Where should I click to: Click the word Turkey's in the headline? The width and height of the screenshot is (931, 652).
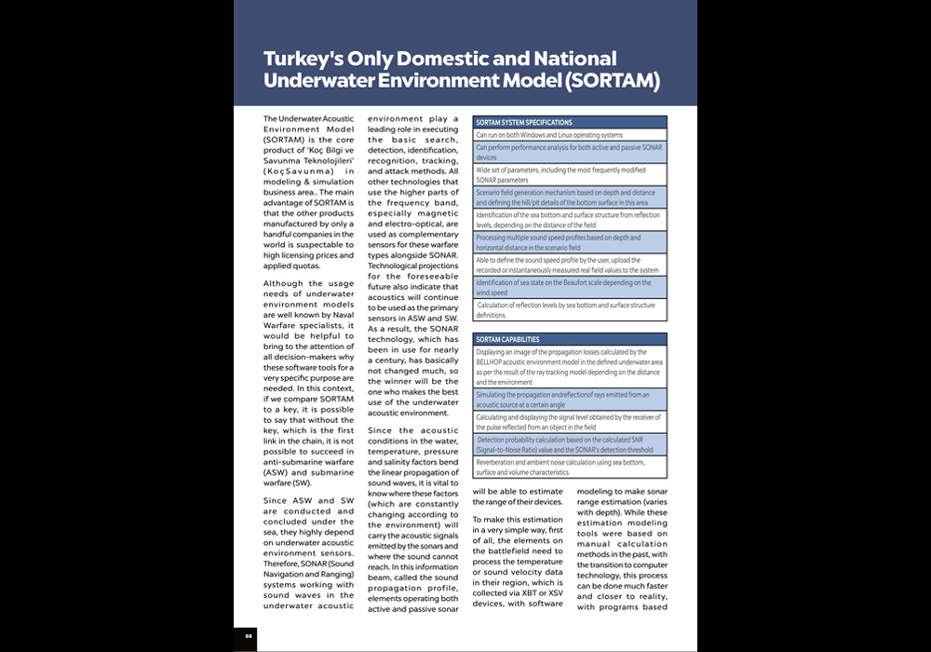point(304,60)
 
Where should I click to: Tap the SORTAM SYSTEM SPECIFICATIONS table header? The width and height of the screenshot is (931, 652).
point(523,122)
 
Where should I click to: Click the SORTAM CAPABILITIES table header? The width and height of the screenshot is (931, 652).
point(507,339)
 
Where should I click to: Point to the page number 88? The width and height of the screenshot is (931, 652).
point(250,636)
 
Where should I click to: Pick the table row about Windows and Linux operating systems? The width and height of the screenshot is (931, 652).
point(549,135)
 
